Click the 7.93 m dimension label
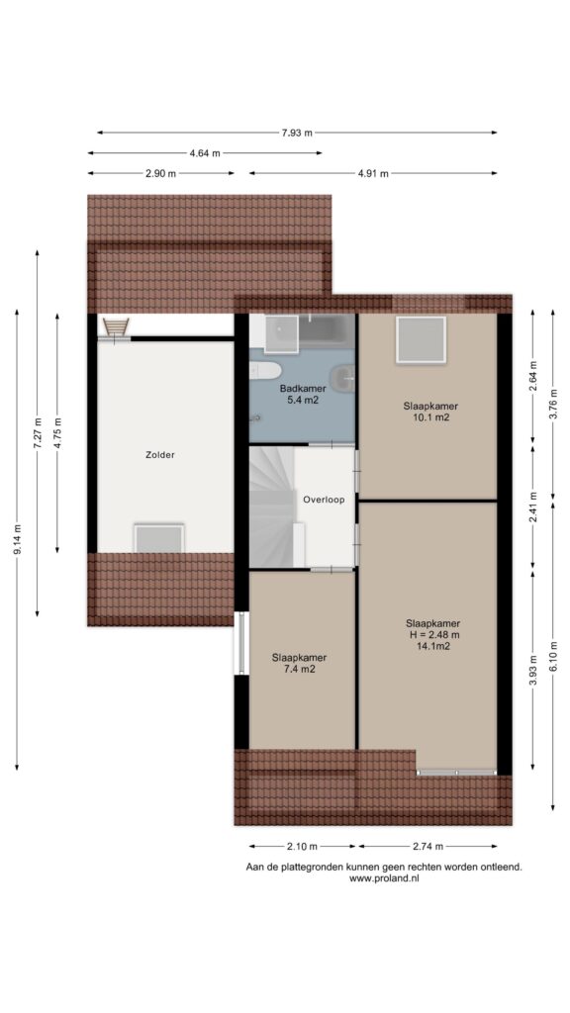click(x=297, y=134)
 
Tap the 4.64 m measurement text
click(x=204, y=153)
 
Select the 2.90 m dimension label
click(x=160, y=173)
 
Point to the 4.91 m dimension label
click(x=373, y=173)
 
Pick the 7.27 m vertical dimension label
click(x=38, y=432)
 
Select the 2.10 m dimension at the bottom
click(x=302, y=847)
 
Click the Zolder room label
click(x=159, y=455)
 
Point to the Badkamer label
click(x=303, y=389)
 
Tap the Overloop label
click(x=324, y=500)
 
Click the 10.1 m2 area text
click(x=430, y=417)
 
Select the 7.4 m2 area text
click(x=299, y=670)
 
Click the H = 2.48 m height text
click(x=433, y=634)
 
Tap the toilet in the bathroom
click(x=265, y=370)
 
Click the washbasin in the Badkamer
click(x=341, y=375)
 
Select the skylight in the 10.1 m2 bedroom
click(x=421, y=340)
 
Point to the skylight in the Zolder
click(x=159, y=538)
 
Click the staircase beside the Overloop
click(x=272, y=507)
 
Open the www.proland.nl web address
click(x=384, y=878)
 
